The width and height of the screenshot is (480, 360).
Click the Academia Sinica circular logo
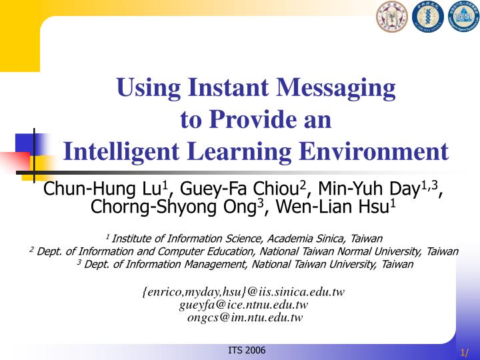427,18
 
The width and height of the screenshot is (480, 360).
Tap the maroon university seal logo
391,18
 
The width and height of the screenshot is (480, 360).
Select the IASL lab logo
463,18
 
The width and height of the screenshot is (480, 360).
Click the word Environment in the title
374,151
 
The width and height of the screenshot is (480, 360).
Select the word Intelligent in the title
127,151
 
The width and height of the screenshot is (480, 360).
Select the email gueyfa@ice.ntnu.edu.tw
243,305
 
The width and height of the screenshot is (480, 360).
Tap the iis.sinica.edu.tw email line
243,292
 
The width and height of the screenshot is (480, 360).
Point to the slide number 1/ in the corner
465,353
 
